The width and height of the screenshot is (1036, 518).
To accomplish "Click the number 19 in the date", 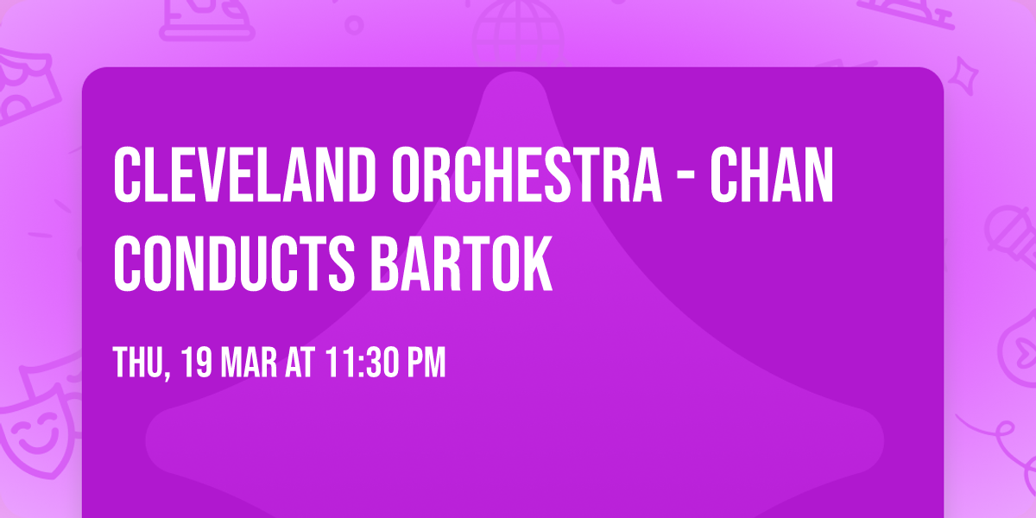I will [x=198, y=363].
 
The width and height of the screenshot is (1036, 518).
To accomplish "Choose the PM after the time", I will [x=426, y=363].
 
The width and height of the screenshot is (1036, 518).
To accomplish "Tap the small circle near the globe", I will [x=353, y=24].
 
